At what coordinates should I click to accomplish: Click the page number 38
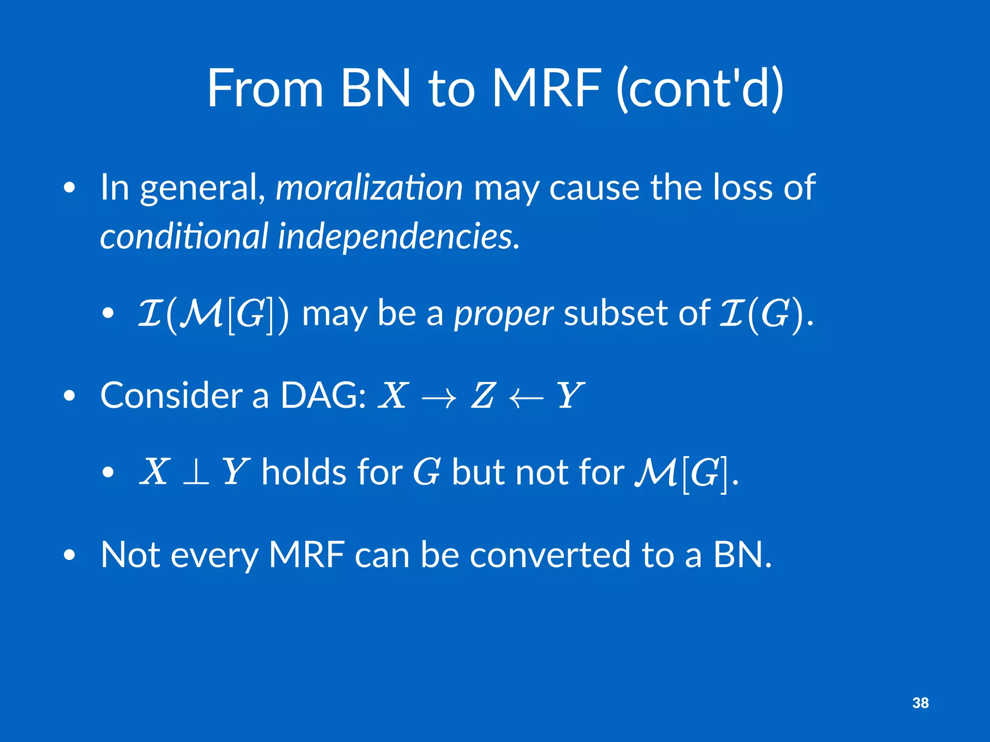pos(920,703)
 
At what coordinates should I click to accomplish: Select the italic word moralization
pos(369,188)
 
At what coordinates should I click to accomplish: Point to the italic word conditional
pos(184,237)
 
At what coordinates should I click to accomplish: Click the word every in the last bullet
pos(215,556)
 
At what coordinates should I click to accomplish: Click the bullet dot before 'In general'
pos(70,188)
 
